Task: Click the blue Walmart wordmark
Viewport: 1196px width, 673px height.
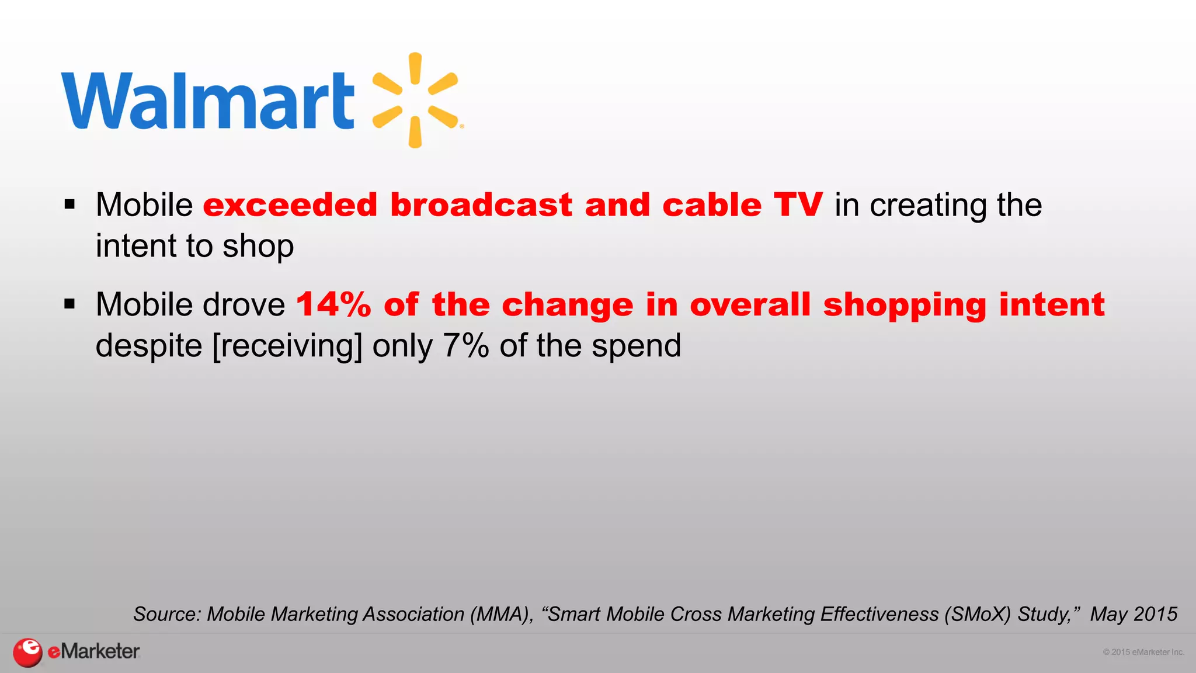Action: (207, 100)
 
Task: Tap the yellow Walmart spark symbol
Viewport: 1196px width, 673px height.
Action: (416, 100)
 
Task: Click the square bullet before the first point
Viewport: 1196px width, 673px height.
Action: (70, 204)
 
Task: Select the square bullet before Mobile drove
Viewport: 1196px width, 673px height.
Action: (70, 304)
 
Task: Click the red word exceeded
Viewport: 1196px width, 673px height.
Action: (290, 205)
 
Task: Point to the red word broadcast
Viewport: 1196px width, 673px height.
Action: (481, 205)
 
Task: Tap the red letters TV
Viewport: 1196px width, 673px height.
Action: (798, 205)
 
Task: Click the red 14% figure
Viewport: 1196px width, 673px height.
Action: (333, 305)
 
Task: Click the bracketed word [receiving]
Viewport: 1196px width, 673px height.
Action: (287, 346)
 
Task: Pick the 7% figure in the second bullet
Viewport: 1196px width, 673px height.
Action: (465, 345)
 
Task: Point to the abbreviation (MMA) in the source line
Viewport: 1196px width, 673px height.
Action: (502, 614)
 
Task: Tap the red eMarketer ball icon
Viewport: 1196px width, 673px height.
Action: (27, 652)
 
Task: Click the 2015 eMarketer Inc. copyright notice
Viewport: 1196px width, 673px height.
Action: (1143, 652)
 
